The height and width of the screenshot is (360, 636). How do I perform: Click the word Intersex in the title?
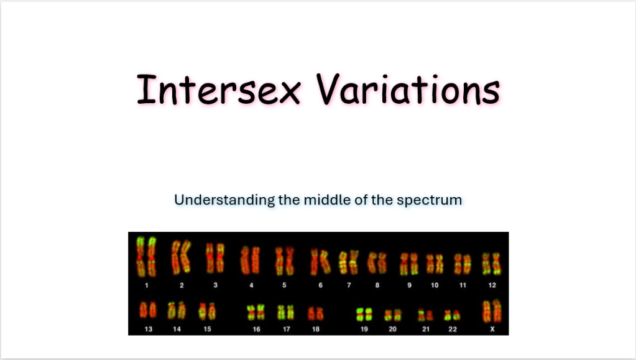(x=219, y=90)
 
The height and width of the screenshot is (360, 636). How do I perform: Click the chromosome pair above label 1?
(x=146, y=257)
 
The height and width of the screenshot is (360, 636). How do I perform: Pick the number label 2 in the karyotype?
(x=182, y=285)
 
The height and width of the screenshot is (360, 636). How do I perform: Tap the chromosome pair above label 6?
(x=320, y=261)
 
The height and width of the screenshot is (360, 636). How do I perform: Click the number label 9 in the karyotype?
(x=409, y=285)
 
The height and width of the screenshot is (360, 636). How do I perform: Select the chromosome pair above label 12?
(x=491, y=264)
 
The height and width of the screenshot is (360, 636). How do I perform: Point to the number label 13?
(x=149, y=329)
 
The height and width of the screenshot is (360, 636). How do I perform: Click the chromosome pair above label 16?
(x=256, y=312)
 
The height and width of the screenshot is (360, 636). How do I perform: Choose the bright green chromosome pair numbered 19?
(x=364, y=315)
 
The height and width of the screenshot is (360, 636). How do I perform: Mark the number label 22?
(x=453, y=329)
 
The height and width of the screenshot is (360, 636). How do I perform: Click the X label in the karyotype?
(x=492, y=329)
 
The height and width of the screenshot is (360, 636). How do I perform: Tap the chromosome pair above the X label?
(x=492, y=312)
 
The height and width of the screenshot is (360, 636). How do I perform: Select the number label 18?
(x=316, y=329)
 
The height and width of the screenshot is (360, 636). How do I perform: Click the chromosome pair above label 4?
(x=250, y=260)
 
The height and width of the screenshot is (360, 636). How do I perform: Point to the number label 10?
(x=435, y=285)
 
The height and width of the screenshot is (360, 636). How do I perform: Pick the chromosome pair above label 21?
(x=425, y=315)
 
